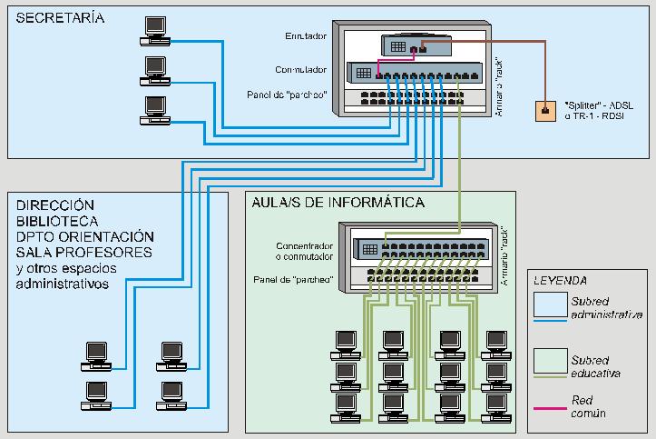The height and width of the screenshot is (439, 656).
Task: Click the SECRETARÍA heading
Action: (x=60, y=18)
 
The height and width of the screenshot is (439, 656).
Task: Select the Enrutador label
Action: (x=306, y=36)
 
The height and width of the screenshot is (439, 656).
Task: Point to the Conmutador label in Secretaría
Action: (x=300, y=70)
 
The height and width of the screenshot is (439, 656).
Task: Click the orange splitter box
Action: (x=544, y=111)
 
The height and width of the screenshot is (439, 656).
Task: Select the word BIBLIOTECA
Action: (x=58, y=221)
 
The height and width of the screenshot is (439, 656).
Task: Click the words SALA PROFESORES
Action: (x=84, y=252)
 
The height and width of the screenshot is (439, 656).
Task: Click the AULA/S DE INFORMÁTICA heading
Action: (x=339, y=203)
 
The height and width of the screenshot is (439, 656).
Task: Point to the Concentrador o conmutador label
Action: (x=304, y=250)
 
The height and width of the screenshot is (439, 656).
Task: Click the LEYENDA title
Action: (x=560, y=281)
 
